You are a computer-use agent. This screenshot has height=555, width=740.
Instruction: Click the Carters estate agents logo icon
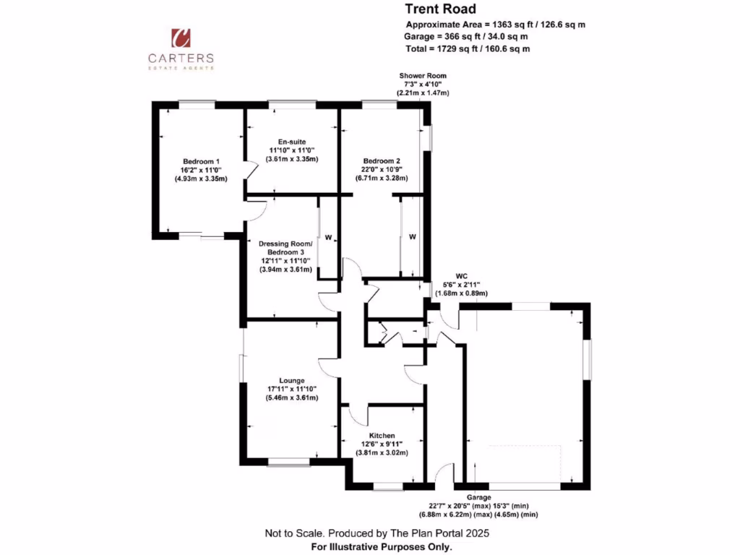click(x=181, y=37)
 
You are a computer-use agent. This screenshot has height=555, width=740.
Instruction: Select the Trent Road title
click(x=440, y=9)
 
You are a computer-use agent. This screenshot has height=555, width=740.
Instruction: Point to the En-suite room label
click(x=292, y=142)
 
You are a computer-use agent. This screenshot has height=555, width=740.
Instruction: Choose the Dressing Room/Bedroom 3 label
click(x=286, y=248)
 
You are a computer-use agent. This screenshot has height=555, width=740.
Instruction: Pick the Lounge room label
click(x=291, y=380)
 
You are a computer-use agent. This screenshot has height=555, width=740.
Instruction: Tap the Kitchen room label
click(x=382, y=436)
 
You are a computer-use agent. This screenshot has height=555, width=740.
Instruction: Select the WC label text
click(x=462, y=275)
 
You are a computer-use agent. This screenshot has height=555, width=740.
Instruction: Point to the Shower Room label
click(x=423, y=75)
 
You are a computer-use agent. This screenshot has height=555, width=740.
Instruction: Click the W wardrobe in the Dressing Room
click(x=327, y=237)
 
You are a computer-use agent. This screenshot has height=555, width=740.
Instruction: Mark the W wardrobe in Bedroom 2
click(x=412, y=236)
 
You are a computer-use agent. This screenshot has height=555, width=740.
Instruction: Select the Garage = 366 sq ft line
click(x=466, y=36)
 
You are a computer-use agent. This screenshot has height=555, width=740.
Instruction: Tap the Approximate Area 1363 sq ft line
click(x=495, y=25)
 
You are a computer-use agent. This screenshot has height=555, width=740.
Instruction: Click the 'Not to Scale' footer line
click(x=377, y=533)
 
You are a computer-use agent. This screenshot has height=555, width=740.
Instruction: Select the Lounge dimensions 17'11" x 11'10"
click(x=291, y=389)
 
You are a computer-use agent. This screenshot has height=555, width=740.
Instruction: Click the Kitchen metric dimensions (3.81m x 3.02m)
click(x=382, y=453)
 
